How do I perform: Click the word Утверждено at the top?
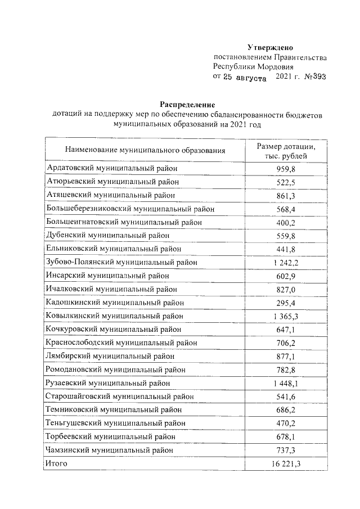[270, 47]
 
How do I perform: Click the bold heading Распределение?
[187, 105]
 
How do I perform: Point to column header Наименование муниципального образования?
[145, 150]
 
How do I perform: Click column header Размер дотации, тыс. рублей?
[286, 150]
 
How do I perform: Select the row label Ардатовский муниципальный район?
[115, 168]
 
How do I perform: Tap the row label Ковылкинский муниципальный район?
[115, 316]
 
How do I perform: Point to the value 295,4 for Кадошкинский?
[286, 303]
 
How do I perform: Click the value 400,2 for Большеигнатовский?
[286, 222]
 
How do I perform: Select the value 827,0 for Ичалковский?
[286, 289]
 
